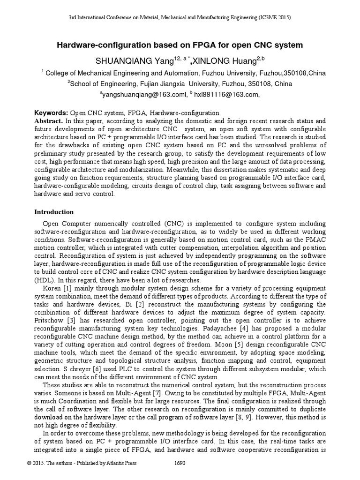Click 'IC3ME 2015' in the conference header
(273, 17)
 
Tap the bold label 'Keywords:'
(52, 113)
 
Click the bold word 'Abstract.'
(49, 121)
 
